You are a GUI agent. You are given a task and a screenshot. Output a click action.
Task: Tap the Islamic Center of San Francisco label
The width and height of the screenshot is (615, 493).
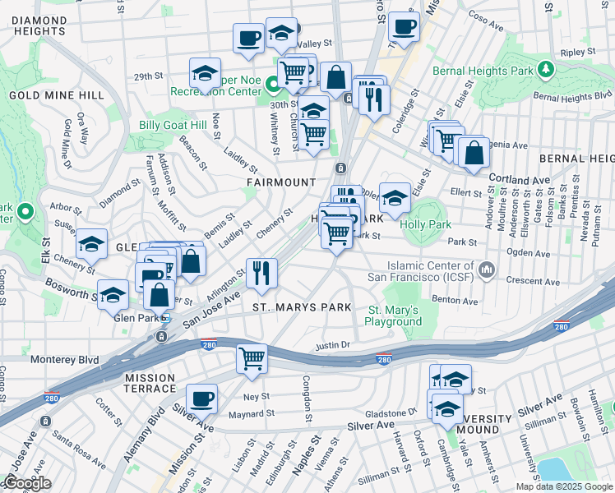click(x=431, y=272)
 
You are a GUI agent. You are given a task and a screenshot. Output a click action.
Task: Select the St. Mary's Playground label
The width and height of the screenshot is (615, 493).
click(x=393, y=316)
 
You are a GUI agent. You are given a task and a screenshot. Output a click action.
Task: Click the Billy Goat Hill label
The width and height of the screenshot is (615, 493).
click(x=161, y=126)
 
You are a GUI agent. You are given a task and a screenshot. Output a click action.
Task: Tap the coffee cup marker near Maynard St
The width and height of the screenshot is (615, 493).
click(x=201, y=400)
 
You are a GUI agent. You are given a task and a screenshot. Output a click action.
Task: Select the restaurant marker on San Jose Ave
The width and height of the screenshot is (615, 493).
click(x=261, y=274)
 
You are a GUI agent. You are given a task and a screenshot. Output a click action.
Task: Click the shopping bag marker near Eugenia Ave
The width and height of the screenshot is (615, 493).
click(x=474, y=154)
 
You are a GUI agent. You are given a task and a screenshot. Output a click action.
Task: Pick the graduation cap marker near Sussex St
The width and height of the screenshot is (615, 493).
click(x=91, y=244)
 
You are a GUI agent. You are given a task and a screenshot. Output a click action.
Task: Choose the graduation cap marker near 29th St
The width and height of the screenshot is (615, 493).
click(x=206, y=73)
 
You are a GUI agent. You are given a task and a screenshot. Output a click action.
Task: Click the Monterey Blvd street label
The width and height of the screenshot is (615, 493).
click(x=65, y=360)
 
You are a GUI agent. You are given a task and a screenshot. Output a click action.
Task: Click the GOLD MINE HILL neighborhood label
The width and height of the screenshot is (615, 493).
click(x=57, y=95)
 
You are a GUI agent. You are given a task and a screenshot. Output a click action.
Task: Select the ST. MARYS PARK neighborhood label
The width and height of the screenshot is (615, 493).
click(x=302, y=307)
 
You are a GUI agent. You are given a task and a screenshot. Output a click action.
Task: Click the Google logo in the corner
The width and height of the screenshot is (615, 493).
click(x=27, y=483)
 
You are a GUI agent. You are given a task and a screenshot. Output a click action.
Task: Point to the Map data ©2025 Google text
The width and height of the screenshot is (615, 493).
click(x=563, y=486)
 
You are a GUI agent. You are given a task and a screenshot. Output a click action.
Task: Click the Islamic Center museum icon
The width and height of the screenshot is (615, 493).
click(x=488, y=269)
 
